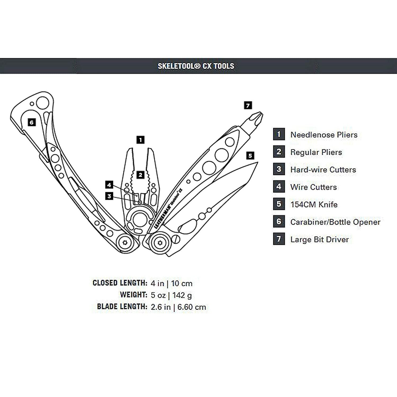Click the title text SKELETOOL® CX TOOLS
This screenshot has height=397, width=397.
click(x=196, y=66)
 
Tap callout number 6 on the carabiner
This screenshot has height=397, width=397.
click(x=31, y=122)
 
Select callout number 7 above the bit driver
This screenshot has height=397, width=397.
click(x=248, y=106)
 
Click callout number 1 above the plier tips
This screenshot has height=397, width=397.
click(x=140, y=140)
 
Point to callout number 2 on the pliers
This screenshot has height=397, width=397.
click(x=140, y=175)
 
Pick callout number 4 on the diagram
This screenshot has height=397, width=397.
click(x=109, y=185)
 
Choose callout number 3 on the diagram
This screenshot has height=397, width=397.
click(x=109, y=196)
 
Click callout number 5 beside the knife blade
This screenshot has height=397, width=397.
click(x=250, y=156)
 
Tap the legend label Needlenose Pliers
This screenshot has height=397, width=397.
click(x=324, y=135)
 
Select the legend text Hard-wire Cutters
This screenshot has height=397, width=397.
click(x=323, y=170)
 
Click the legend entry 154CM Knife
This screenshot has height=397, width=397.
click(x=314, y=205)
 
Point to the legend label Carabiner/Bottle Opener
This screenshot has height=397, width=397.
click(x=335, y=222)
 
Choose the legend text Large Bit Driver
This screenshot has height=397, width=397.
click(x=319, y=240)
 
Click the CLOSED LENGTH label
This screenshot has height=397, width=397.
click(x=120, y=283)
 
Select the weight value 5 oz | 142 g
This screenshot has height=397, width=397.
click(x=171, y=295)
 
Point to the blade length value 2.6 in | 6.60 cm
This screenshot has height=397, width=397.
click(x=178, y=307)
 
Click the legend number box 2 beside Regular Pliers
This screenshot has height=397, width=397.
click(x=279, y=152)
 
